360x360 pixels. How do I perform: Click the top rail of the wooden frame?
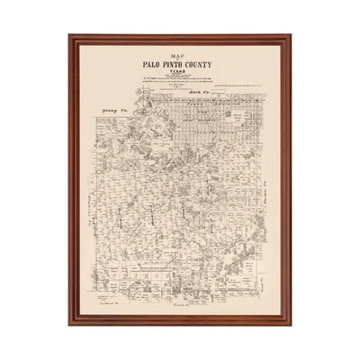[x=180, y=40]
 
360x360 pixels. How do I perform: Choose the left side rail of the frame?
[x=73, y=180]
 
